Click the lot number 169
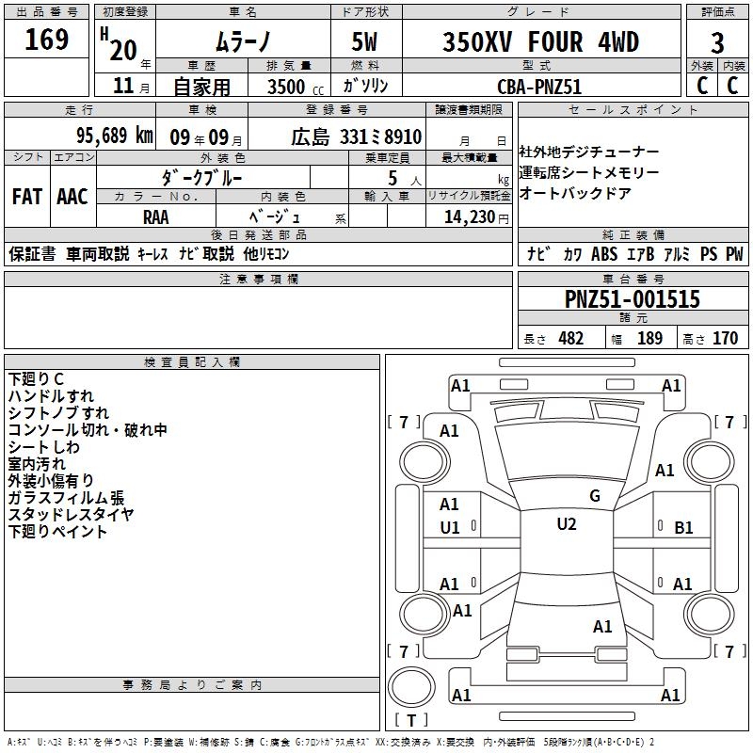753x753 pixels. point(46,40)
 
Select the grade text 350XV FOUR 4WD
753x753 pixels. point(540,41)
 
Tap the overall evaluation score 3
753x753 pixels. point(717,42)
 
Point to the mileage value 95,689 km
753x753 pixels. point(114,136)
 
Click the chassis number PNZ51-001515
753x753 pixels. point(633,298)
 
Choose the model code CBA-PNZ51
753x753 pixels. point(539,87)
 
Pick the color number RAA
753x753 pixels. point(156,217)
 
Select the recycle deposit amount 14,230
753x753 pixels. point(470,217)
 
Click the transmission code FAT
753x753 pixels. point(27,197)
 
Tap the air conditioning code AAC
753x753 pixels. point(72,197)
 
